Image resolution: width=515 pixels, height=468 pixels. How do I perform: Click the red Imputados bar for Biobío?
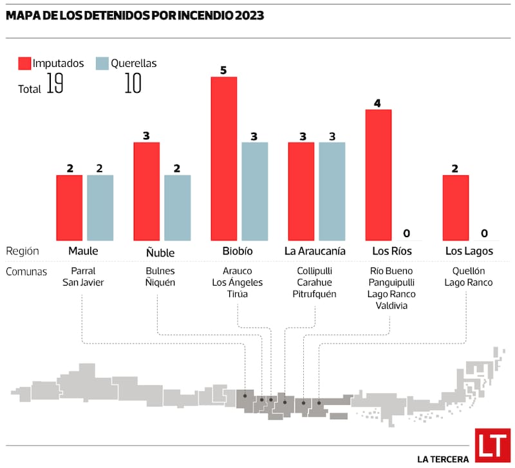(223, 159)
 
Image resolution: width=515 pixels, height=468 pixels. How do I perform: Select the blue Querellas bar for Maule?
(100, 207)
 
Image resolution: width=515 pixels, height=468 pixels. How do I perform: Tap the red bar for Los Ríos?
(378, 175)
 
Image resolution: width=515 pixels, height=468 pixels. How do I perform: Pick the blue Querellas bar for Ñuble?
(177, 207)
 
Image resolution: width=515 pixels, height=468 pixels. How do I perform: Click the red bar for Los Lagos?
(455, 207)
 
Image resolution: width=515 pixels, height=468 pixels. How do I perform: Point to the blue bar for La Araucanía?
(332, 191)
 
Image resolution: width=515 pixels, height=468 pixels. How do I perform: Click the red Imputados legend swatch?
(24, 63)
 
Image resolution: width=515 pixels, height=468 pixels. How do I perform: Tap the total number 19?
(55, 86)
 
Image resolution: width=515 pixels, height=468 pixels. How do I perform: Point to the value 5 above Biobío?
(223, 70)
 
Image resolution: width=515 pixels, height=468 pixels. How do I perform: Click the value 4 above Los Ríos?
(378, 103)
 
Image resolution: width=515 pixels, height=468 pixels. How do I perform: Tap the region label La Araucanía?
(315, 251)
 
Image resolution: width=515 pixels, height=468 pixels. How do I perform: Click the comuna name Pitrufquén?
(315, 294)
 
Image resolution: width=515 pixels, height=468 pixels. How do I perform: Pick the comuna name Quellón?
(468, 271)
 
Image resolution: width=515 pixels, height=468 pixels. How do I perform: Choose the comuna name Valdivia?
(391, 306)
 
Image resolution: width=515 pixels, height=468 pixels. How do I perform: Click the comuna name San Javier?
(82, 282)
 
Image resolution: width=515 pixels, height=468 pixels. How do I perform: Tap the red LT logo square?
(492, 445)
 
